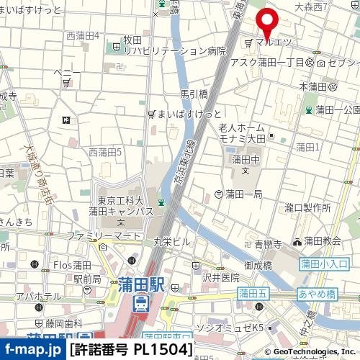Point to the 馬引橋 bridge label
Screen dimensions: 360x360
click(194, 94)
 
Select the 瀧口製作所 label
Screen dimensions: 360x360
click(307, 207)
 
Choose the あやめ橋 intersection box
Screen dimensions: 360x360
click(317, 294)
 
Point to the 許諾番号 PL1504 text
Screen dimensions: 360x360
click(132, 350)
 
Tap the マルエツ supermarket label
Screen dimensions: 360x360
click(272, 42)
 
